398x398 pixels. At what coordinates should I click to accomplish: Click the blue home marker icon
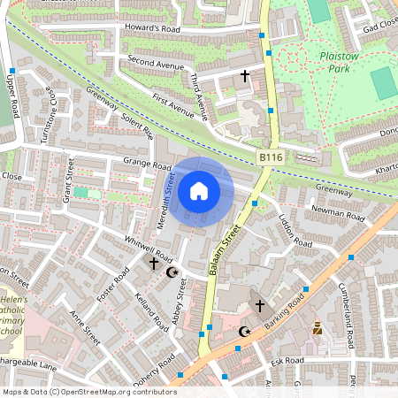pos(199,191)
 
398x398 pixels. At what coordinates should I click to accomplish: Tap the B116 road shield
pos(271,157)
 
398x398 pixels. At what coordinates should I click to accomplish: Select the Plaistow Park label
pos(339,62)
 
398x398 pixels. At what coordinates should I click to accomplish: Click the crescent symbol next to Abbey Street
pos(172,272)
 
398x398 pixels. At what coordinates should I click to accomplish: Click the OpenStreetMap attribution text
pos(89,392)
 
